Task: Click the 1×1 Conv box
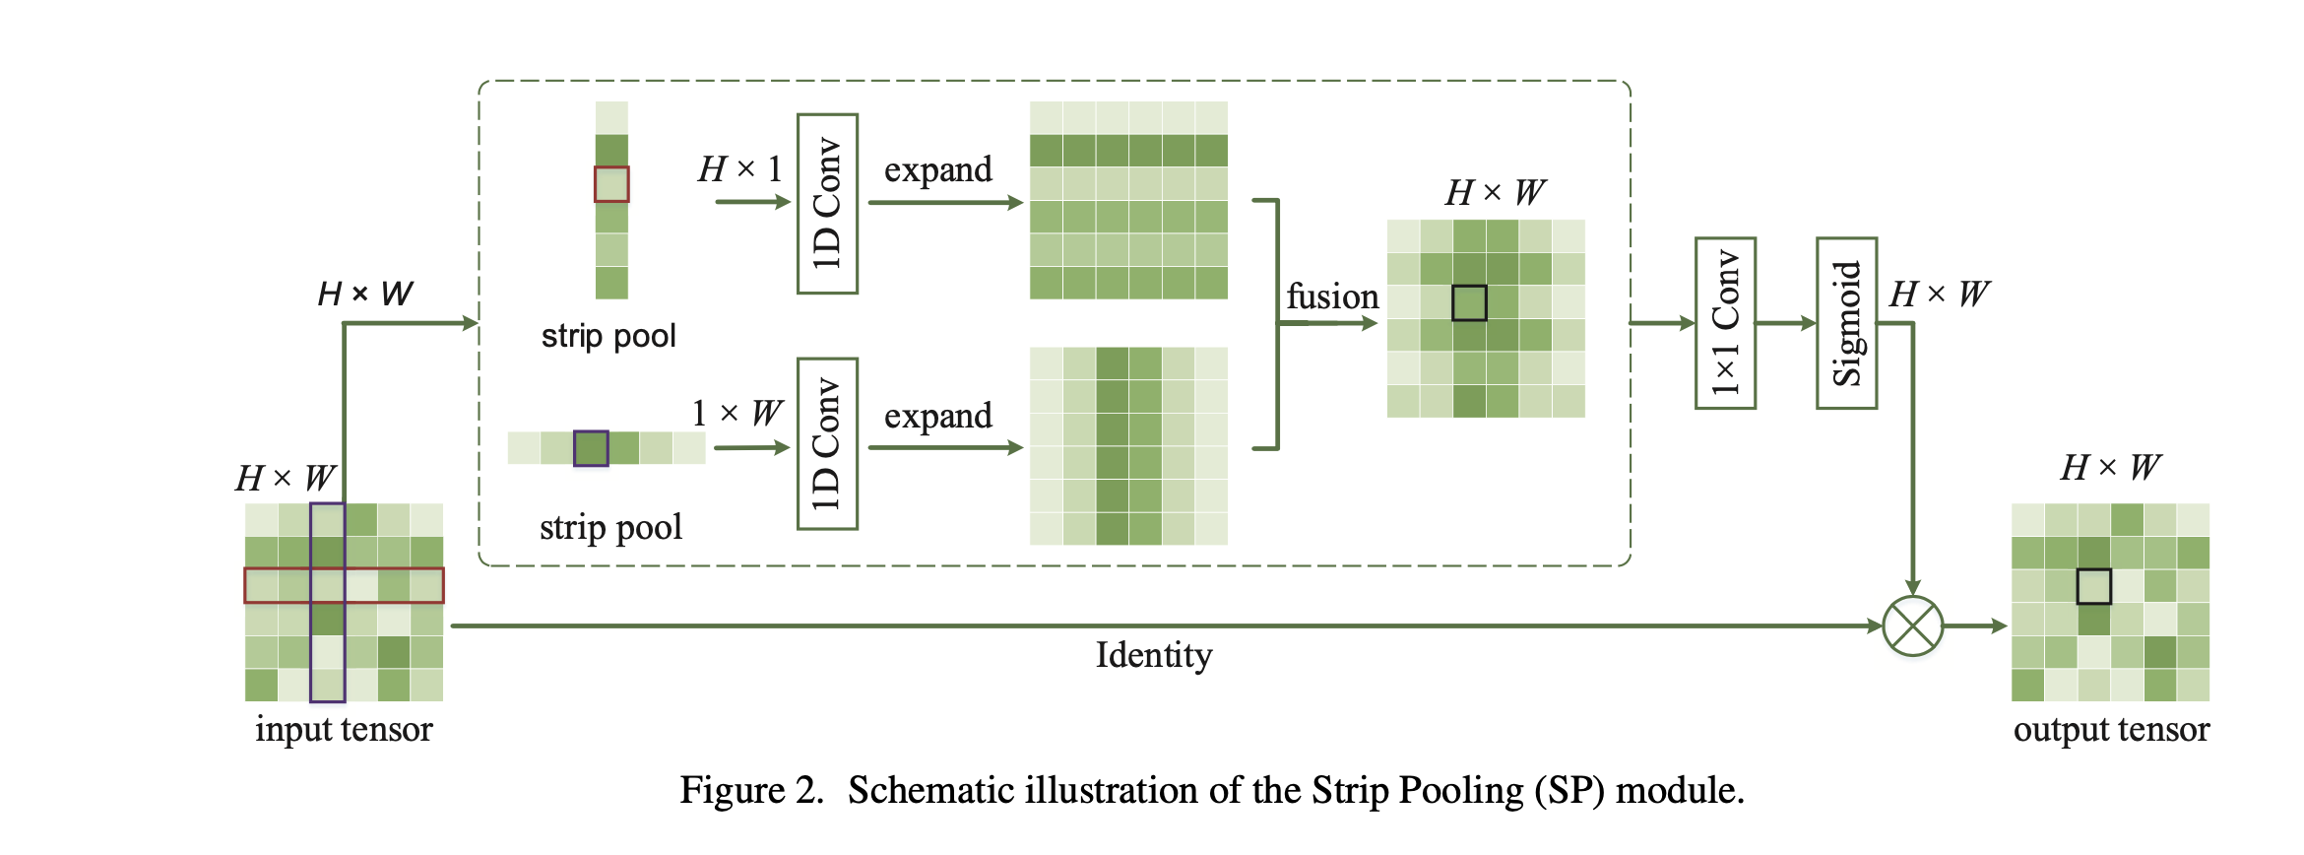1725,323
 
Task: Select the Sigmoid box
1846,323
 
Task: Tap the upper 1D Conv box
827,204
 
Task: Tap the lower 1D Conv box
827,444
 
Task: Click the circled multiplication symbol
1912,626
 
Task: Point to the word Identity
1153,655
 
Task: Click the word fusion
1331,296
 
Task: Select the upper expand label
937,169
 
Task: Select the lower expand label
937,416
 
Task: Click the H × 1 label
739,168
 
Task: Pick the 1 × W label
736,413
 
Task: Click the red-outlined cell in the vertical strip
611,184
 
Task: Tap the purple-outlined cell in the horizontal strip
591,448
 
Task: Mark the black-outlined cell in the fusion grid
1469,302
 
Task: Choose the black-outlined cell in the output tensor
2093,586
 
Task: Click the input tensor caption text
344,729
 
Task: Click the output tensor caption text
2111,729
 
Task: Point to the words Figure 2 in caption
750,791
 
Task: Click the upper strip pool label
608,336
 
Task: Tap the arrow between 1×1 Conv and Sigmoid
1785,323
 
